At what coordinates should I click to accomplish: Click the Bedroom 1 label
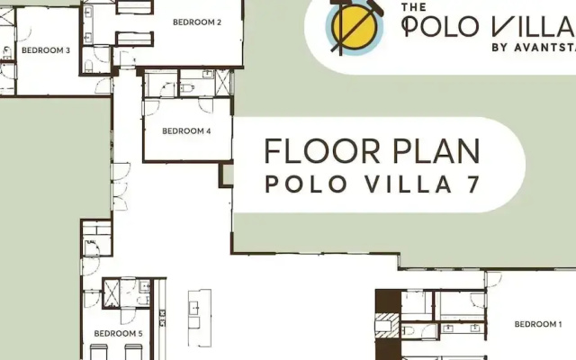coord(538,324)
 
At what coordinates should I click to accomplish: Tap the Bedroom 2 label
coord(197,22)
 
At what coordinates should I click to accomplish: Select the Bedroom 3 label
coord(46,50)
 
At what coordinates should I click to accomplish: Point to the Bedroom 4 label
coord(186,131)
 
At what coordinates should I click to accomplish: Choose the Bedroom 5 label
coord(118,334)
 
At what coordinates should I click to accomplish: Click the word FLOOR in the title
coord(322,151)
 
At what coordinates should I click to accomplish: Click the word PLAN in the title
coord(436,151)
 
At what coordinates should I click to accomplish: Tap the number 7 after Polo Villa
coord(473,184)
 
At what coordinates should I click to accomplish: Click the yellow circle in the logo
coord(354,28)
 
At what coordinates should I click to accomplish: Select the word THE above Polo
coord(414,7)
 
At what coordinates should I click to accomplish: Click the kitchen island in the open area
coord(200,318)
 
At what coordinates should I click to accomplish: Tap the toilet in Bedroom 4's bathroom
coord(187,88)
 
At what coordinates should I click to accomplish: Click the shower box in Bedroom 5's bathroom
coord(111,292)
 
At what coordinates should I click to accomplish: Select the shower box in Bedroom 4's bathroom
coord(222,82)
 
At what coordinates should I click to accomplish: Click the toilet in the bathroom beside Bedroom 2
coord(88,66)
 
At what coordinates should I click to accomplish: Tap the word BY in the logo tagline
coord(499,48)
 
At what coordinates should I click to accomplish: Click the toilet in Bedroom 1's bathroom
coord(408,330)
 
